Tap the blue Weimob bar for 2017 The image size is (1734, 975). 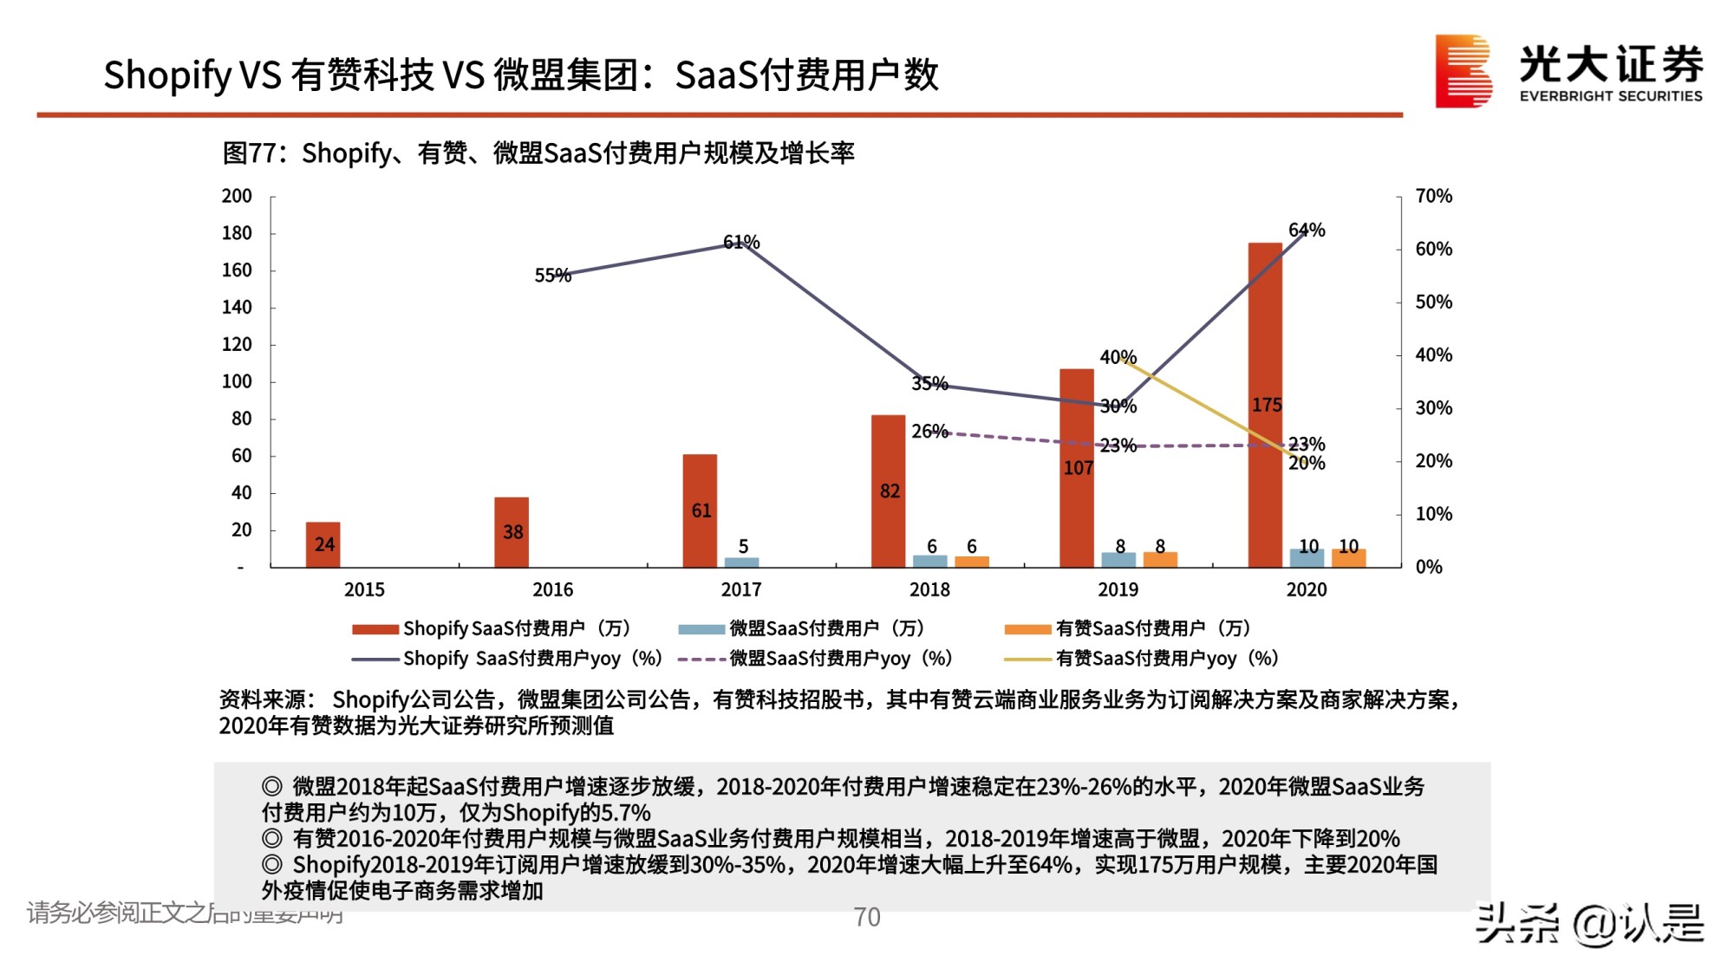tap(741, 562)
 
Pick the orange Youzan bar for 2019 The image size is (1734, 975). tap(1160, 560)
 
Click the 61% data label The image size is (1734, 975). tap(741, 242)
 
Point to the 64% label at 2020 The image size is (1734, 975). tap(1307, 230)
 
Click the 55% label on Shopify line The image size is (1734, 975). tap(552, 276)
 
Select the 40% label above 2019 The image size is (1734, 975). tap(1118, 357)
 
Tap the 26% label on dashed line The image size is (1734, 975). tap(929, 431)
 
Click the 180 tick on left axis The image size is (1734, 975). tap(237, 233)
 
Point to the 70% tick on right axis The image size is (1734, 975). tap(1433, 196)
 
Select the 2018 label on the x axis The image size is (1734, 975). tap(929, 589)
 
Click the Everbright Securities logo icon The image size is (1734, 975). tap(1463, 71)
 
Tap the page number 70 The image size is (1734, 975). tap(866, 917)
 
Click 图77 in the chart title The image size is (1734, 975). tap(249, 153)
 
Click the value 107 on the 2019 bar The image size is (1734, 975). tap(1078, 468)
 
